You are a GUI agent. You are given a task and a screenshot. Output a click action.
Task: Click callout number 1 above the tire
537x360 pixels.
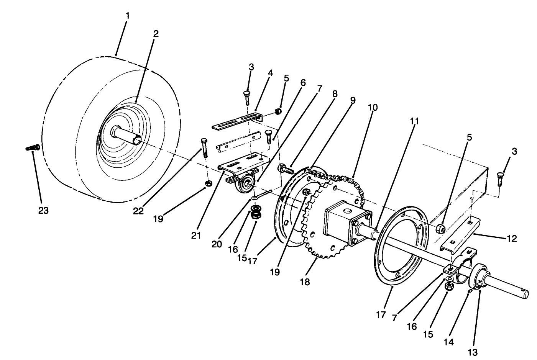click(127, 16)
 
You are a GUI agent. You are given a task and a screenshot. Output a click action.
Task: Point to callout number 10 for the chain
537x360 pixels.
click(373, 108)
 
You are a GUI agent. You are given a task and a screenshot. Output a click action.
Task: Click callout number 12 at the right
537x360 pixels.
click(512, 239)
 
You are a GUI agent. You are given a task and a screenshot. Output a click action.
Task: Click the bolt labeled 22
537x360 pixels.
click(204, 147)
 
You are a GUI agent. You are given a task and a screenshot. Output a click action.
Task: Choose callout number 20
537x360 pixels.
click(217, 244)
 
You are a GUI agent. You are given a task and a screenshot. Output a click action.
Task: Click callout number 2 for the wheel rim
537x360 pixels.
click(156, 33)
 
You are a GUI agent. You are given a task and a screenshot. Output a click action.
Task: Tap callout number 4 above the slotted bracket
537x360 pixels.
click(270, 72)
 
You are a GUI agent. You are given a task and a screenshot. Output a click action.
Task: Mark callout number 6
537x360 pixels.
click(303, 82)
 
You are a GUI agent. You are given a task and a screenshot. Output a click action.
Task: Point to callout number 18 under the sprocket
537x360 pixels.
click(305, 282)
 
